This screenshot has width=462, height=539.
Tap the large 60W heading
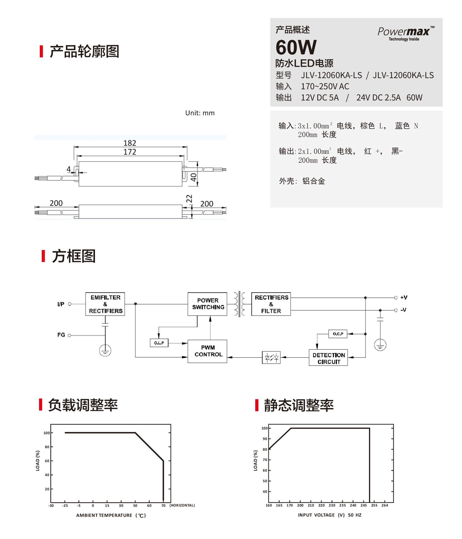296,47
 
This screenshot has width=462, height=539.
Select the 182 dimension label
130,143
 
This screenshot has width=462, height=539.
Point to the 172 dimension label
130,152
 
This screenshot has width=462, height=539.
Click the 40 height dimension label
194,177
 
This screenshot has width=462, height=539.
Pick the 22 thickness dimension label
189,199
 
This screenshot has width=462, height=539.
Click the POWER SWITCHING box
207,304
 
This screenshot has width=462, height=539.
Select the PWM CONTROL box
207,351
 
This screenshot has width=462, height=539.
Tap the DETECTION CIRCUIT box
328,358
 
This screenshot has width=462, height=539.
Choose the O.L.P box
159,343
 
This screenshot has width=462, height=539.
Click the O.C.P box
338,334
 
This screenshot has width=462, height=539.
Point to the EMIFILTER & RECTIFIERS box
105,304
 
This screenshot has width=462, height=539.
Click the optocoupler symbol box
271,357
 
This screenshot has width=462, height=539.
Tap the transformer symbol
239,304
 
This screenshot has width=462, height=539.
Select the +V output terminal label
404,297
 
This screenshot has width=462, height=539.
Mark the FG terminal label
61,335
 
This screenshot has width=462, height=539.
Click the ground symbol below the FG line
105,350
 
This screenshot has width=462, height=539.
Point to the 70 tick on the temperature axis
163,505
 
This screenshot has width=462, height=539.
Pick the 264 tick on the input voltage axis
385,505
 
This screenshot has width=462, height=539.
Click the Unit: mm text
200,113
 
